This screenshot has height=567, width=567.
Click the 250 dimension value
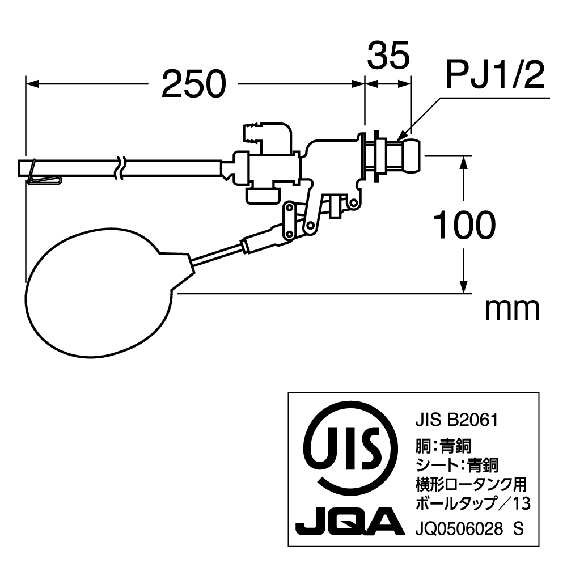tap(194, 84)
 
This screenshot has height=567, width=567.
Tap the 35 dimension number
tap(388, 55)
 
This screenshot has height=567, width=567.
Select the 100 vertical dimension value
tap(464, 225)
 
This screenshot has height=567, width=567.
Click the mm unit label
tap(513, 310)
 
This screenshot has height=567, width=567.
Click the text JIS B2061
tap(457, 420)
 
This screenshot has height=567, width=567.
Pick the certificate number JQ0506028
tap(459, 529)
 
